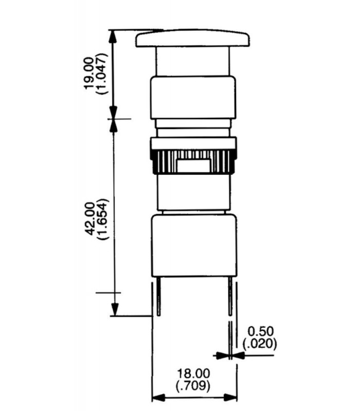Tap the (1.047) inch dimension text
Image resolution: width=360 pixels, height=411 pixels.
coord(102,73)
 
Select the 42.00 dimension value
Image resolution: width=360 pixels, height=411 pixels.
coord(91,219)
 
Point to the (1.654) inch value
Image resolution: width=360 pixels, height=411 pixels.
coord(102,219)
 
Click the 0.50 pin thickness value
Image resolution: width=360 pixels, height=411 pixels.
coord(261,331)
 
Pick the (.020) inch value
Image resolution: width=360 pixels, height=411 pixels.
coord(260,344)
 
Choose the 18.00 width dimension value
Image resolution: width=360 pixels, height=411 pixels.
coord(193,373)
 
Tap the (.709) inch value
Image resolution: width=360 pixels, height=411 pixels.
coord(193,386)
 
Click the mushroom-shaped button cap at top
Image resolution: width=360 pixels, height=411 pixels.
coord(192,39)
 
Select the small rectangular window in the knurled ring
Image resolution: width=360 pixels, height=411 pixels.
coord(193,165)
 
